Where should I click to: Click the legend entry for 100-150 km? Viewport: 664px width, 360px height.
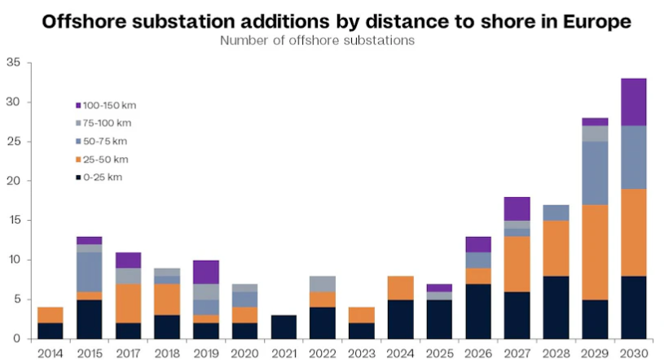pyautogui.click(x=107, y=105)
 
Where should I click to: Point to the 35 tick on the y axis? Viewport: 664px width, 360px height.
pyautogui.click(x=14, y=62)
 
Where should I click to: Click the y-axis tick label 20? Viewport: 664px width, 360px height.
pyautogui.click(x=14, y=181)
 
